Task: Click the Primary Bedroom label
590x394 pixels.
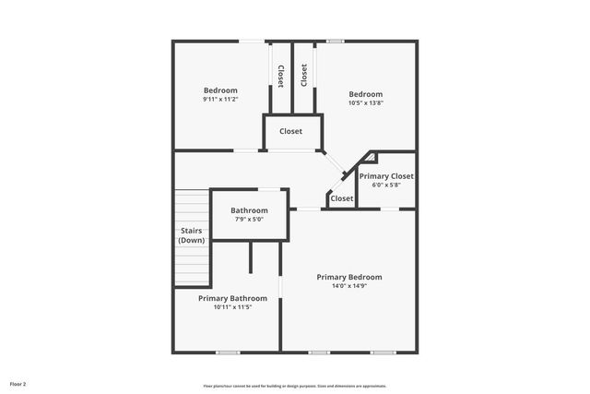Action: [348, 277]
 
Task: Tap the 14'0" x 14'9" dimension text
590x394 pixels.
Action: [348, 286]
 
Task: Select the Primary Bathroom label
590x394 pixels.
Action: [232, 298]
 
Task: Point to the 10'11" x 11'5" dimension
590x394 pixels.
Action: [232, 307]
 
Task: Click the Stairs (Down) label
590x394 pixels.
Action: [191, 235]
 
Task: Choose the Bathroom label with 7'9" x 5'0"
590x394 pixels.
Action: [249, 210]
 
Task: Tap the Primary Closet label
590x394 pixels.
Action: [386, 175]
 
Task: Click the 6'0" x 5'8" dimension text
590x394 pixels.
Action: [386, 185]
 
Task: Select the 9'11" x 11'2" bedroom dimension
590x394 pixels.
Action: [220, 100]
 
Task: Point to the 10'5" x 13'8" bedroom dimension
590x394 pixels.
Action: [365, 103]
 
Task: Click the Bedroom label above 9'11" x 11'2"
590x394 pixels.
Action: [220, 90]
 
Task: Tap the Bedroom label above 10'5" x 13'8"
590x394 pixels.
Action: [365, 94]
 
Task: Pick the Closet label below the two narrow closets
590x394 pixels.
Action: [290, 131]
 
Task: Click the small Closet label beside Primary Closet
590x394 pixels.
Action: [341, 198]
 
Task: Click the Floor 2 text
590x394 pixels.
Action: [18, 383]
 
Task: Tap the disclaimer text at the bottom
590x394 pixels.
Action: [295, 386]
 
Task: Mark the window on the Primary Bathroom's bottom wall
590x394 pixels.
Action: [228, 352]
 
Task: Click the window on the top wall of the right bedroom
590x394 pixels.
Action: [336, 41]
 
